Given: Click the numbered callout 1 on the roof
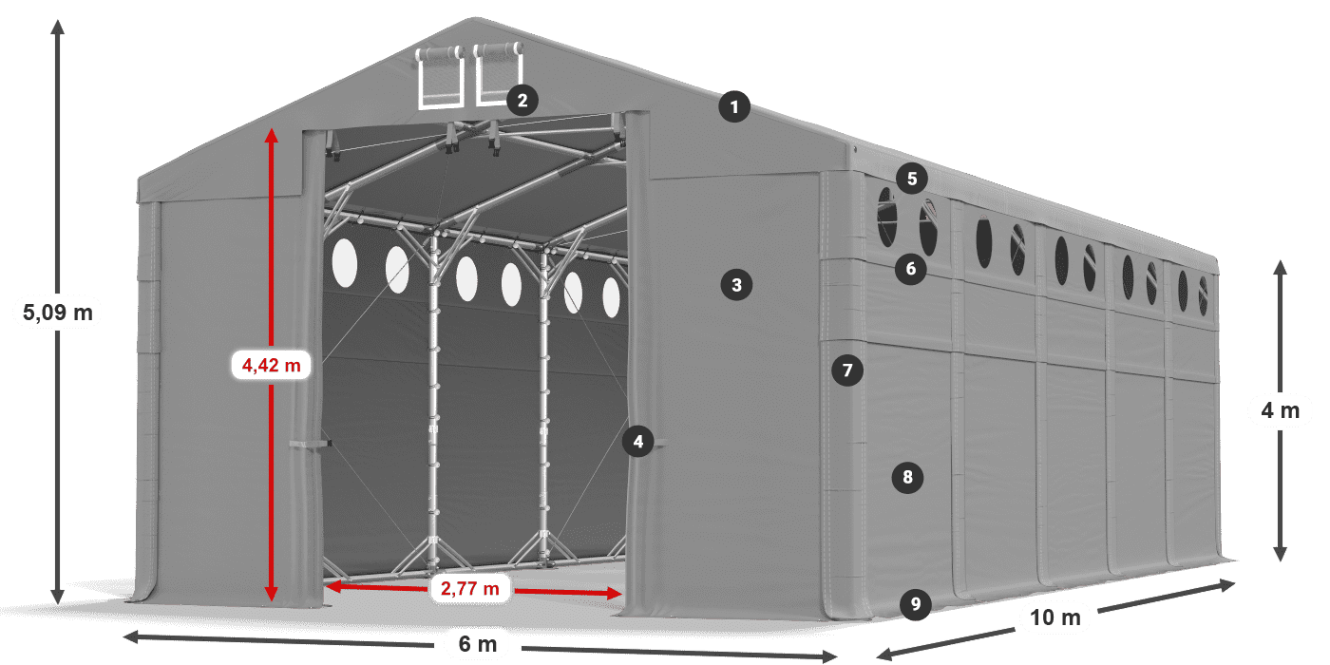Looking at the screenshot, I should [x=734, y=107].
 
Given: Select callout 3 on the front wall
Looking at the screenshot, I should [x=736, y=283].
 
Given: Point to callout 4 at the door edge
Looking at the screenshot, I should [x=638, y=441].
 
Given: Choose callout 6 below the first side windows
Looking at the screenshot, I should [x=910, y=269].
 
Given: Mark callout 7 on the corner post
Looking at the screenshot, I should [x=847, y=370].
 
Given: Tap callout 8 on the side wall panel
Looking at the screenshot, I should [x=908, y=477].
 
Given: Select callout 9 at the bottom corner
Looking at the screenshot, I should [x=915, y=603].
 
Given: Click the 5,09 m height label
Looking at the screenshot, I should [x=57, y=311].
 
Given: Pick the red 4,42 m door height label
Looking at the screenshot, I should [x=272, y=364].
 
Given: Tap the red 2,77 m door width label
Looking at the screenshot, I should [x=469, y=589].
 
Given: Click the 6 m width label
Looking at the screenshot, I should [x=478, y=644].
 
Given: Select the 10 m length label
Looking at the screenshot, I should [x=1055, y=617].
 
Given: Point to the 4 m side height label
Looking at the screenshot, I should [x=1280, y=410].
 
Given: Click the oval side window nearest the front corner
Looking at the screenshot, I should [x=886, y=218].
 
